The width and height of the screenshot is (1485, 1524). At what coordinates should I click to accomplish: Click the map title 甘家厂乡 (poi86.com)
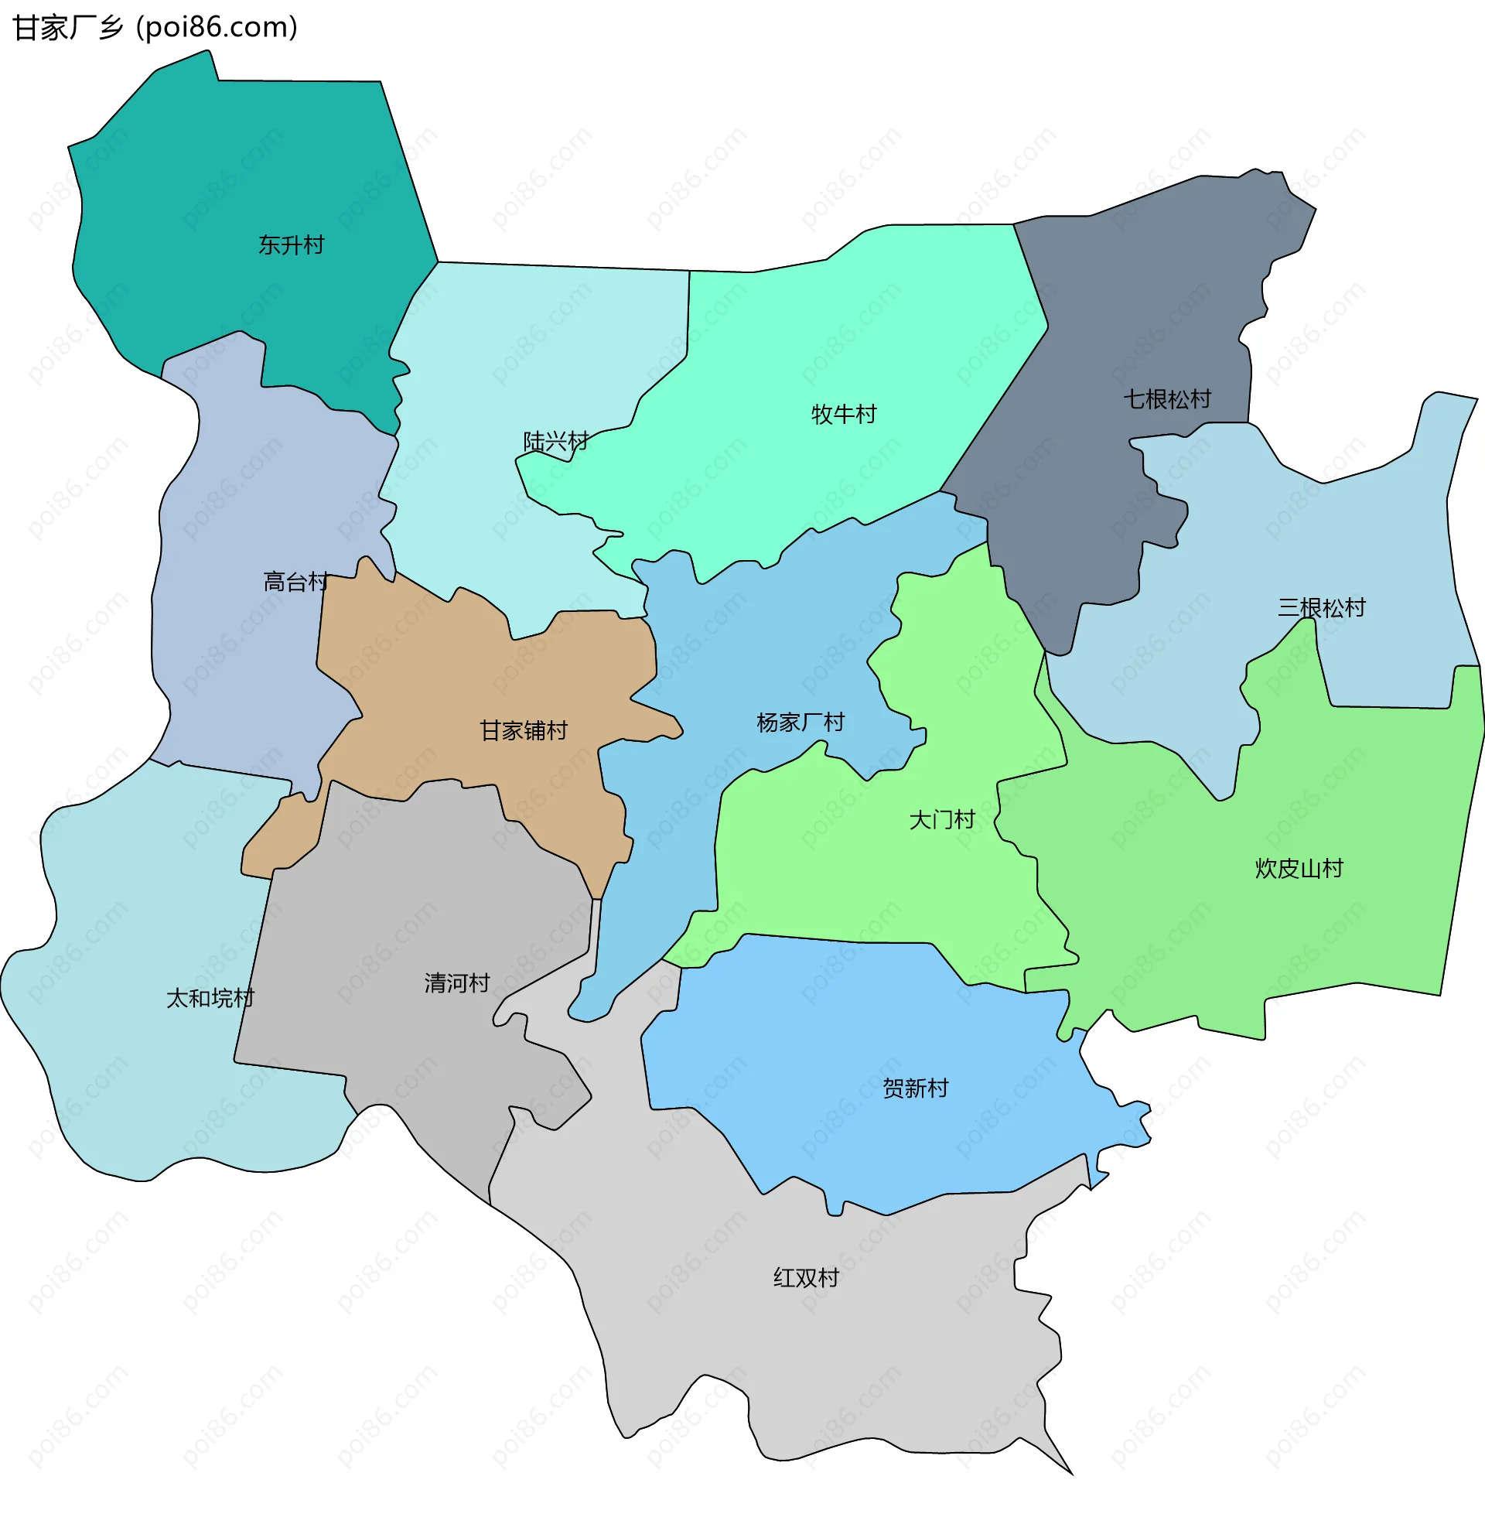(155, 28)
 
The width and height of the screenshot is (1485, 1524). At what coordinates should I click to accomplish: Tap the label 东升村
(291, 245)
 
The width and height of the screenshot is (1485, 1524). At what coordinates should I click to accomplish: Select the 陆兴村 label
(555, 442)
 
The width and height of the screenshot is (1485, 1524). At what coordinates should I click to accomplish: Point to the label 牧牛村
(843, 414)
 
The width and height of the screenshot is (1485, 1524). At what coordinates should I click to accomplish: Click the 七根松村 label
(1166, 399)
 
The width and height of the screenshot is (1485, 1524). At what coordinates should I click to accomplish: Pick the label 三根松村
(1321, 607)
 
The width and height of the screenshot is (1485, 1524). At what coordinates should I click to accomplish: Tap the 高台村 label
(295, 582)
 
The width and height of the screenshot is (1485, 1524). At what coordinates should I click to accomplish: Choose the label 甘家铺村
(524, 731)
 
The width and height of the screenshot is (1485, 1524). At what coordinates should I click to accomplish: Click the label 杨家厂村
(801, 723)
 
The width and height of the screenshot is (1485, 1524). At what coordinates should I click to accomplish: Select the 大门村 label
(941, 820)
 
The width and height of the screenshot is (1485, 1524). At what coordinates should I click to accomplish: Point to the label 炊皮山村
(1299, 868)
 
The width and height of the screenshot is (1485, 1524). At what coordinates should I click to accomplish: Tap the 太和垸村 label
(210, 998)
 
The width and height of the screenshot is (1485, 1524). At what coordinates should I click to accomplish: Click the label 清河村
(457, 982)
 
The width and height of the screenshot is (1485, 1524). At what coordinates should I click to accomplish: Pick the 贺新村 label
(915, 1088)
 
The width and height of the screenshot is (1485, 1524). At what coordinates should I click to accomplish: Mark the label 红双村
(806, 1277)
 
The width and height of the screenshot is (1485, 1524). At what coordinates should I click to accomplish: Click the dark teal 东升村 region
(234, 172)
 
